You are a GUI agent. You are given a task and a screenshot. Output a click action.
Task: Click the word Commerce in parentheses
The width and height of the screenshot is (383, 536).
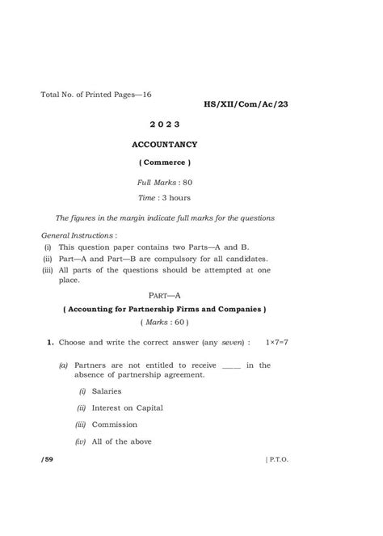pyautogui.click(x=164, y=164)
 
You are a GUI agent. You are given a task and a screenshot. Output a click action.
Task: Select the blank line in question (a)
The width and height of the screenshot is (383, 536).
pyautogui.click(x=230, y=366)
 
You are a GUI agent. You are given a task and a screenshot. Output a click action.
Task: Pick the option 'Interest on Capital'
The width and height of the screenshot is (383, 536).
pyautogui.click(x=127, y=407)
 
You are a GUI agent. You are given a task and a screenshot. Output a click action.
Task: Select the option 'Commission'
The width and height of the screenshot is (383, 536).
pyautogui.click(x=114, y=424)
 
